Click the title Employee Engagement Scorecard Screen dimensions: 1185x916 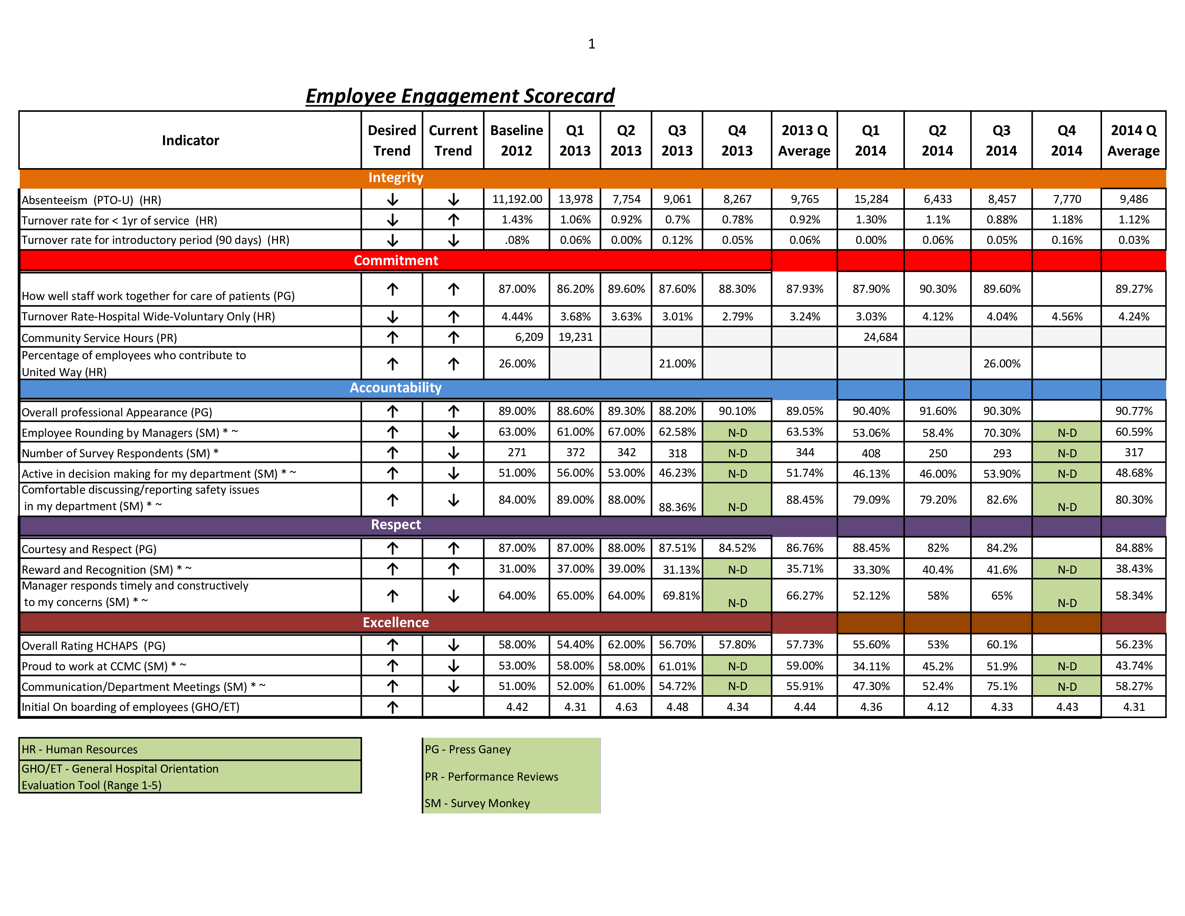tap(460, 96)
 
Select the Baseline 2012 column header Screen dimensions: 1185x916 tap(516, 140)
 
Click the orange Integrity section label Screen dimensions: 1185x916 tap(396, 177)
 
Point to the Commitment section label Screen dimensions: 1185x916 tap(396, 260)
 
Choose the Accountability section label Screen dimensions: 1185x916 tap(396, 388)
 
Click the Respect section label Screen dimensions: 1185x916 tap(396, 524)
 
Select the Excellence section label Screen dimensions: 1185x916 tap(396, 623)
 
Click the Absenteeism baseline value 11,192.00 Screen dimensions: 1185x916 tap(517, 199)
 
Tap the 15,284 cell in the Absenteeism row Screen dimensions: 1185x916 tap(871, 199)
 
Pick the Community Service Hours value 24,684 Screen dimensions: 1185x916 tap(880, 337)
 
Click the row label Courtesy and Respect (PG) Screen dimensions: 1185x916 tap(89, 549)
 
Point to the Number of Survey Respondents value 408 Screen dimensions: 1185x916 tap(871, 453)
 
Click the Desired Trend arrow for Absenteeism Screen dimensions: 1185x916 tap(392, 200)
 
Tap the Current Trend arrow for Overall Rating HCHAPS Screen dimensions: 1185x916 tap(454, 645)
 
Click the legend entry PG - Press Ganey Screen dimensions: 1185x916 tap(468, 749)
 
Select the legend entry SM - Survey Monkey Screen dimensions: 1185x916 tap(477, 803)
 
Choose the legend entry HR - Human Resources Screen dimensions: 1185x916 tap(79, 749)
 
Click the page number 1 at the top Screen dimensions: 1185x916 tap(591, 43)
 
